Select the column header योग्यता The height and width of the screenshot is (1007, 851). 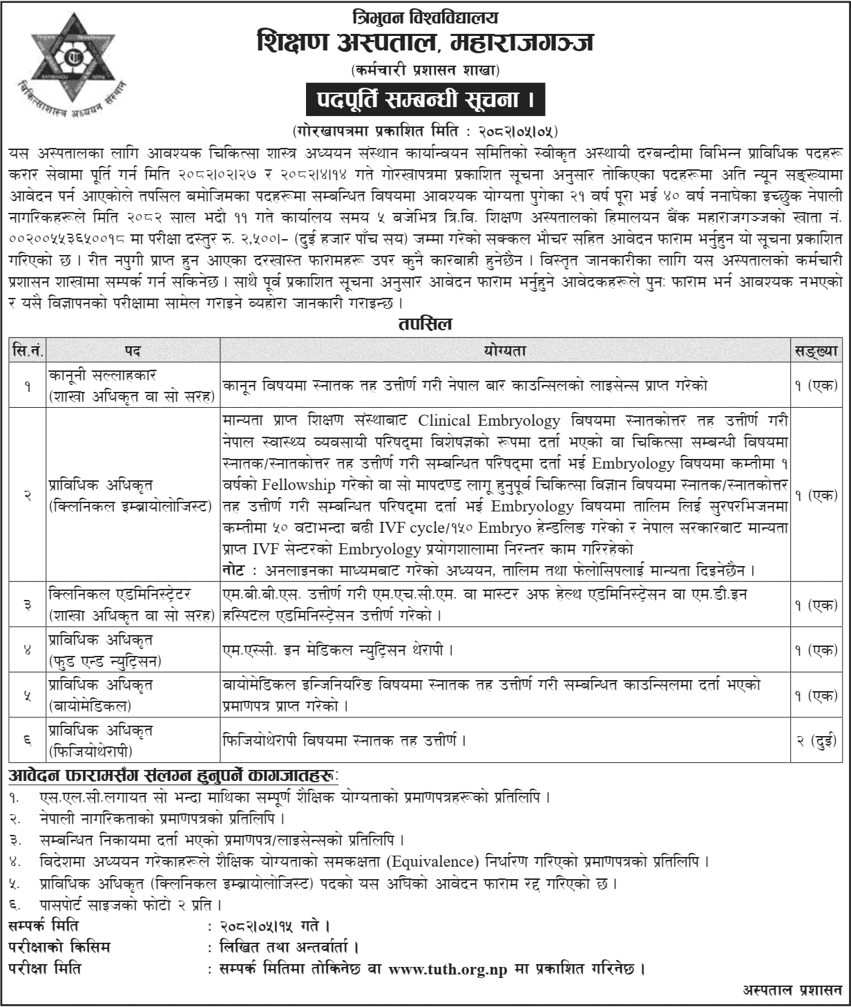point(505,351)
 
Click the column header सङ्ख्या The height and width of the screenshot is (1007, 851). point(816,351)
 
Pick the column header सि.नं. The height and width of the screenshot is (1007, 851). point(28,351)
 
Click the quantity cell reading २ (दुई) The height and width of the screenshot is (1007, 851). point(816,740)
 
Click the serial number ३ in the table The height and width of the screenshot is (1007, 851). point(28,604)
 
